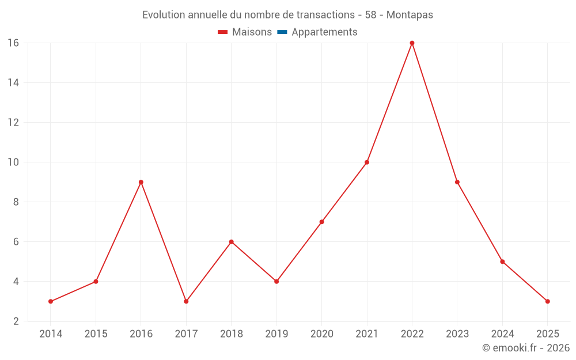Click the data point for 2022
(412, 43)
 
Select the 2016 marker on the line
(141, 182)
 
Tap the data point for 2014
(51, 301)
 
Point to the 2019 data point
(276, 282)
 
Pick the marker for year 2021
(367, 162)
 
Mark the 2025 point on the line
(547, 301)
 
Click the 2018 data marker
(232, 242)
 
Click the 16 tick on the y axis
(13, 43)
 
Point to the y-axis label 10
(13, 162)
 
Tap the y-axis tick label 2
(16, 321)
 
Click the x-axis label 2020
(321, 334)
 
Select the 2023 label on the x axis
(457, 334)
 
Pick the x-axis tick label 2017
(186, 334)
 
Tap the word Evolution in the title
(164, 15)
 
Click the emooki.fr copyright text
(526, 348)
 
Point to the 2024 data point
(502, 262)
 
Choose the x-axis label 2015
(96, 334)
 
